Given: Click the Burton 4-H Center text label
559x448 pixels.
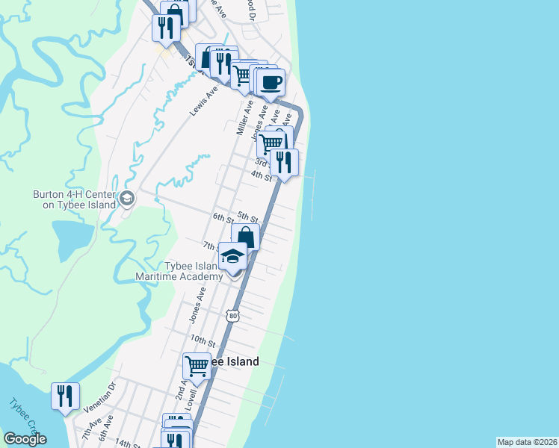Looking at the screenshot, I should click(x=74, y=199).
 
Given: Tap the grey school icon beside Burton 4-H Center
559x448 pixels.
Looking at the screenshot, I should click(x=126, y=199).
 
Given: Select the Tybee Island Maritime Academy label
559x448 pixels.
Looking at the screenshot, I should click(x=179, y=272).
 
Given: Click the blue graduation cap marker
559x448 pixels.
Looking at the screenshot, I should click(x=232, y=257).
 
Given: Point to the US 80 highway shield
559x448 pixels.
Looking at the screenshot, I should click(x=234, y=316).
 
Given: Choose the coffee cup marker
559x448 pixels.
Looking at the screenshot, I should click(x=271, y=82).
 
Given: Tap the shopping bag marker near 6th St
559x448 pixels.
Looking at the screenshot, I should click(x=245, y=237).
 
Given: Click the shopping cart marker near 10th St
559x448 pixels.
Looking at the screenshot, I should click(x=197, y=366).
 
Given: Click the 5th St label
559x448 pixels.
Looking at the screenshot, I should click(x=247, y=217).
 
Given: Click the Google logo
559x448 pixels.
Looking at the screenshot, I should click(x=25, y=439).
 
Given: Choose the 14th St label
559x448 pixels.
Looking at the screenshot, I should click(x=126, y=443).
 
